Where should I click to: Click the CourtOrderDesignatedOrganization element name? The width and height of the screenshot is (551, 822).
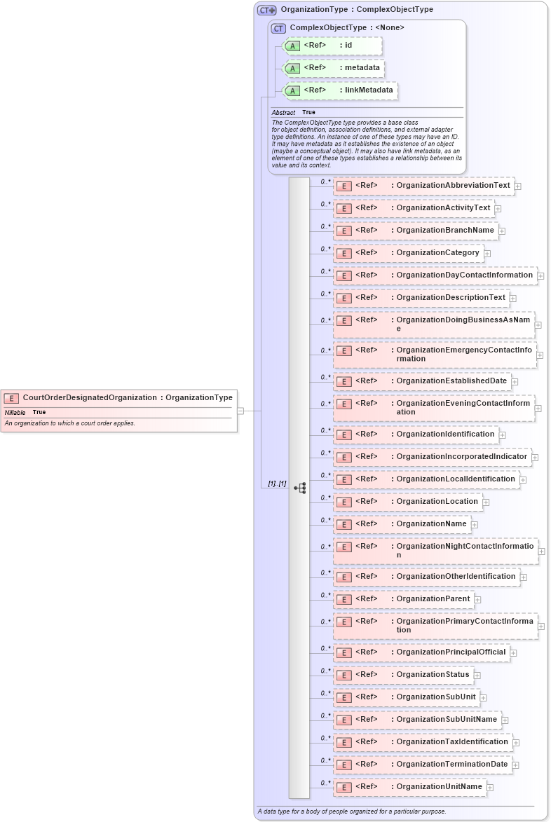(x=90, y=397)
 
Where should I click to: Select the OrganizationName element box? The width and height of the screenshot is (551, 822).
(x=402, y=524)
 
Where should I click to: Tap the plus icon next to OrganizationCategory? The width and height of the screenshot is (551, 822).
(x=487, y=254)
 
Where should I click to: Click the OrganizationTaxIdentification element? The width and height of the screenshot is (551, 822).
(x=423, y=742)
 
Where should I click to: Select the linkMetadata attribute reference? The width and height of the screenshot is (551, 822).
(x=340, y=90)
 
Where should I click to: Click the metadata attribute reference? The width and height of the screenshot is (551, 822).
(x=334, y=68)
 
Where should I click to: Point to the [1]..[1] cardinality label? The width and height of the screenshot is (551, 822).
(x=277, y=484)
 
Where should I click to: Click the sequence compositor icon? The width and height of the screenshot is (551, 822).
(x=300, y=488)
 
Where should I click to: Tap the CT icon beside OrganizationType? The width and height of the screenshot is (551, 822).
(x=266, y=10)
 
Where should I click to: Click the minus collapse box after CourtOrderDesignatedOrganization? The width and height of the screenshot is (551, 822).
(x=240, y=411)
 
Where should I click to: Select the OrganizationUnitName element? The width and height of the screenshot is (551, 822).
(x=409, y=787)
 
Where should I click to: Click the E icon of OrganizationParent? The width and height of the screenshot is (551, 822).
(x=343, y=600)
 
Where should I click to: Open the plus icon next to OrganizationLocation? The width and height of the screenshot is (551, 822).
(x=486, y=502)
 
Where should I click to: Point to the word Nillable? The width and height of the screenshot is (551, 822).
(x=15, y=412)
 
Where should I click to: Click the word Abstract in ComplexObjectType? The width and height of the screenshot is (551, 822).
(x=283, y=112)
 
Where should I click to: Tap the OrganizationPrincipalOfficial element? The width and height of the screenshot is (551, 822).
(x=421, y=652)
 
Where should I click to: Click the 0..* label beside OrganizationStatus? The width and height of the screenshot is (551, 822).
(x=325, y=671)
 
